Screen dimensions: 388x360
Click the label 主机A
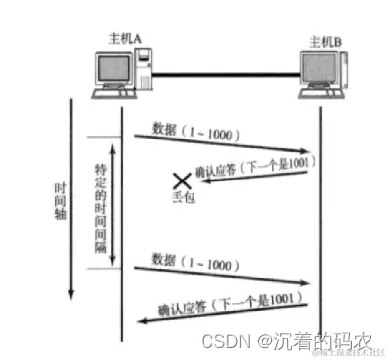click(x=123, y=37)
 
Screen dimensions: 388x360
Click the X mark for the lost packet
click(x=181, y=180)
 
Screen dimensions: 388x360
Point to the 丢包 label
click(x=181, y=197)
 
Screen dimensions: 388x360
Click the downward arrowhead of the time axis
click(x=70, y=296)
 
